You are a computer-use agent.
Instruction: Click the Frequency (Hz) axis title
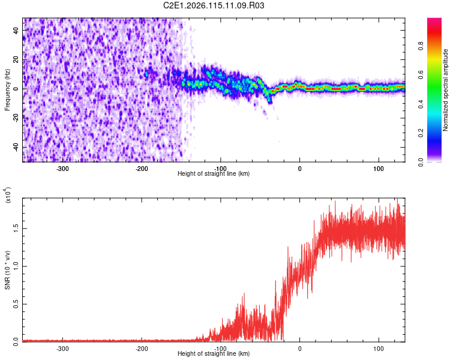pos(7,90)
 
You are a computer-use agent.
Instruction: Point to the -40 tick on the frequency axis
pos(17,147)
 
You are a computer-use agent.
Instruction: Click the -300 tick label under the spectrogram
pos(63,169)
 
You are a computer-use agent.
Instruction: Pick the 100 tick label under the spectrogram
pos(379,169)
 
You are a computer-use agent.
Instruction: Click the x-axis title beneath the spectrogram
pos(214,174)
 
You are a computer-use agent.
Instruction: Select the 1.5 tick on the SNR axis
pos(17,228)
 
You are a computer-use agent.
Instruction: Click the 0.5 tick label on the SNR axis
pos(17,304)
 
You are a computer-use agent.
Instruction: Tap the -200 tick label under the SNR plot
pos(142,348)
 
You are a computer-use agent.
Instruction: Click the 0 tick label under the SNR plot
pos(300,348)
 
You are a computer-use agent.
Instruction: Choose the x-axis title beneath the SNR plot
pos(214,353)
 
